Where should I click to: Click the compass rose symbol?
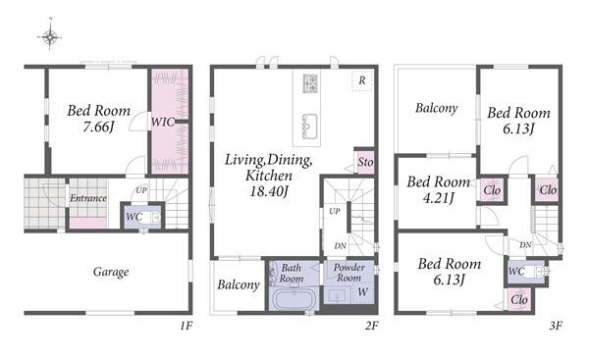pyautogui.click(x=50, y=36)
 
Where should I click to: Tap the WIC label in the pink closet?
pyautogui.click(x=163, y=122)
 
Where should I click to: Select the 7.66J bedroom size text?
pyautogui.click(x=98, y=127)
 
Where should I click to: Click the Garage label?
pyautogui.click(x=111, y=272)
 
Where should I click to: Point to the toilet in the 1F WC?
pyautogui.click(x=154, y=218)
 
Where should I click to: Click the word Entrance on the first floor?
pyautogui.click(x=88, y=198)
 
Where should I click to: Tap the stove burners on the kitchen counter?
pyautogui.click(x=310, y=83)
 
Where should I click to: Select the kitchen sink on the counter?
pyautogui.click(x=309, y=127)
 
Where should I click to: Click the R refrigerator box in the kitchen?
pyautogui.click(x=361, y=80)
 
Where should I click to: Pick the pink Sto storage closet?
pyautogui.click(x=365, y=162)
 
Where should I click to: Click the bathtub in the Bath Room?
pyautogui.click(x=294, y=299)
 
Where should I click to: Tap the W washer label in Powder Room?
pyautogui.click(x=362, y=291)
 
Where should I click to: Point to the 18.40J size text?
pyautogui.click(x=269, y=191)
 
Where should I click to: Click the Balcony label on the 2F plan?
pyautogui.click(x=239, y=284)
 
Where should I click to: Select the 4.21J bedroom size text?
pyautogui.click(x=439, y=197)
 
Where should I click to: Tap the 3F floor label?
pyautogui.click(x=556, y=326)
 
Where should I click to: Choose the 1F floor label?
pyautogui.click(x=186, y=326)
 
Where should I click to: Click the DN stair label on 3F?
pyautogui.click(x=525, y=245)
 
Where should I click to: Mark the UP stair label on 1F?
pyautogui.click(x=140, y=190)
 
